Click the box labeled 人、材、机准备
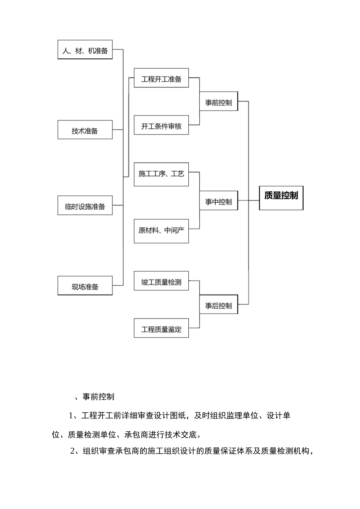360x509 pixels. coord(85,50)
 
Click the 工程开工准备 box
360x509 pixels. coord(161,78)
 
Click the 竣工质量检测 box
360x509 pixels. coord(161,281)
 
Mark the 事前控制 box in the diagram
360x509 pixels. coord(219,102)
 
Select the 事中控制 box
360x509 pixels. coord(219,201)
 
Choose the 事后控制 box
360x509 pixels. coord(219,305)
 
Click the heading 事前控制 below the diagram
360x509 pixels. coord(98,397)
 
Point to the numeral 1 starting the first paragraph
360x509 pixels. coord(71,415)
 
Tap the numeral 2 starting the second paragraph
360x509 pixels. coord(73,451)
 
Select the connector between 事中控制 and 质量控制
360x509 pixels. coord(249,200)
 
